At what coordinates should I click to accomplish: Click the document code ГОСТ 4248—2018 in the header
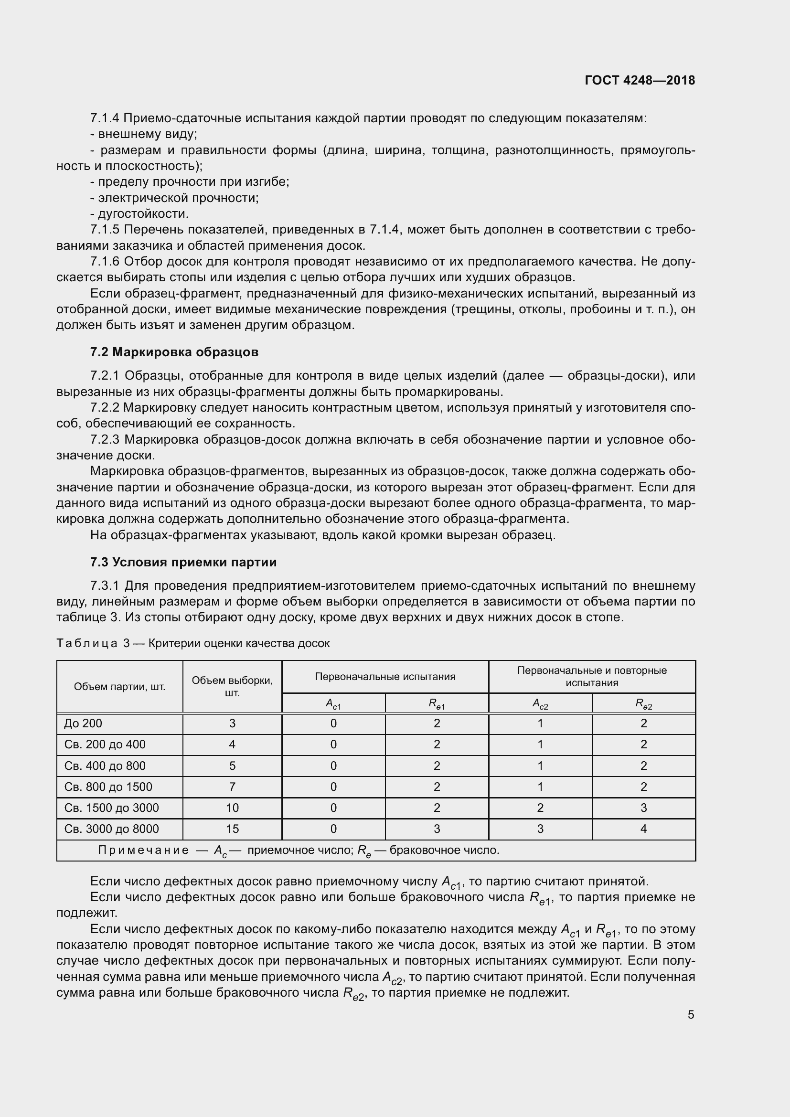[640, 80]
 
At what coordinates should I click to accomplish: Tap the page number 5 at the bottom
[691, 1014]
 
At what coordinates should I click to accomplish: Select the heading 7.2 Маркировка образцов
[174, 352]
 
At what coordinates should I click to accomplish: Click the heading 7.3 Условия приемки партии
[183, 562]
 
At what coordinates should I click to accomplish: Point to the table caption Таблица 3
[93, 643]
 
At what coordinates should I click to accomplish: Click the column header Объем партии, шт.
[120, 686]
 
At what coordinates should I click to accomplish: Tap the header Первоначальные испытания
[385, 676]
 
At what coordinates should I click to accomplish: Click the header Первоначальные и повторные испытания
[591, 676]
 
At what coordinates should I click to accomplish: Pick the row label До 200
[83, 723]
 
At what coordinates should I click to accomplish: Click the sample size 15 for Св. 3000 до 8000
[232, 829]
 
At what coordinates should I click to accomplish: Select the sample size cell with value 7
[232, 787]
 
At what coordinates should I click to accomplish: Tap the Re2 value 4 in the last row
[643, 829]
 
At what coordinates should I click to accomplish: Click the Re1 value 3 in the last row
[437, 829]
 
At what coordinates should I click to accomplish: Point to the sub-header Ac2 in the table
[540, 703]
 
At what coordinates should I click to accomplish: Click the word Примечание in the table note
[143, 850]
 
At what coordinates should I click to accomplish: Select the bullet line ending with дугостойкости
[139, 213]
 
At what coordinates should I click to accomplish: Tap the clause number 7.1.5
[105, 230]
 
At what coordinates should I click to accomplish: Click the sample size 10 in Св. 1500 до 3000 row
[232, 808]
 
